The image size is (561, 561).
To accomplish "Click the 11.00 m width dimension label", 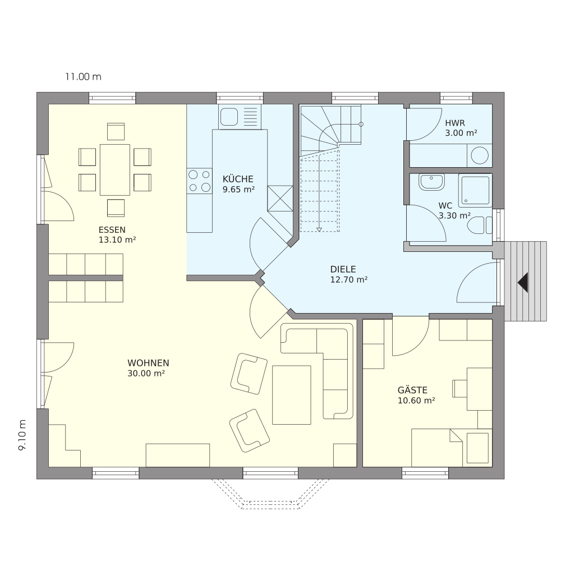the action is (x=83, y=76).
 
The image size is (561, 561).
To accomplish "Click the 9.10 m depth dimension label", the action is (x=22, y=435).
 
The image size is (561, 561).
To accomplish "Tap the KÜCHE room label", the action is (x=238, y=179).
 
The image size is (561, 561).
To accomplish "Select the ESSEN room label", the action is (x=112, y=229).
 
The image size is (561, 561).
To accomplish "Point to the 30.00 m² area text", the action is (x=146, y=374).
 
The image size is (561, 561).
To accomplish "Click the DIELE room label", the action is (x=343, y=269).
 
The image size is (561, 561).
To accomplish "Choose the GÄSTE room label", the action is (x=412, y=390).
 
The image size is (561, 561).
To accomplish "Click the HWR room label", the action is (x=455, y=123).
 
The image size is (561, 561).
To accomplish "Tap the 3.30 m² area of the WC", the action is (x=454, y=216).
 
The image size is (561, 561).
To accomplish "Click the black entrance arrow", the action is (x=523, y=282).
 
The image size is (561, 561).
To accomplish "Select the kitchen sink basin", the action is (x=229, y=117).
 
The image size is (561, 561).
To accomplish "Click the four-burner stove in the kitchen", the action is (x=199, y=181).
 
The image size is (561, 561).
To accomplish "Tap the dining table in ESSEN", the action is (x=115, y=169).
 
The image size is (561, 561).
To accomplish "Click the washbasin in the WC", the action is (x=432, y=182).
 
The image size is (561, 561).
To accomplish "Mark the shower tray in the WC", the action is (x=475, y=191).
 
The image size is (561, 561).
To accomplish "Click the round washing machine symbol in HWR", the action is (x=480, y=155).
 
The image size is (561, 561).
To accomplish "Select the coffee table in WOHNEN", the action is (x=292, y=395).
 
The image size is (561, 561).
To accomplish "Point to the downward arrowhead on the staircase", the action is (x=319, y=229).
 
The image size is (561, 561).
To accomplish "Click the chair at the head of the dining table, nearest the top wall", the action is (x=116, y=132).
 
